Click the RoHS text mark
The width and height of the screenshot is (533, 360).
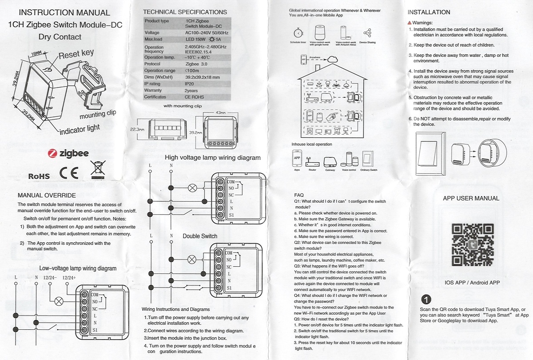pos(39,176)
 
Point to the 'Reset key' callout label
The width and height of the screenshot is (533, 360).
pos(76,54)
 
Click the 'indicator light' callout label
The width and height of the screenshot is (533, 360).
pos(80,129)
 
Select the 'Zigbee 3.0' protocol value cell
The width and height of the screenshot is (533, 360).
pos(196,64)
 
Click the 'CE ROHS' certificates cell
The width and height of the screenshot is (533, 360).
pos(194,97)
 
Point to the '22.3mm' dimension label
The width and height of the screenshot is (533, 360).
pos(137,129)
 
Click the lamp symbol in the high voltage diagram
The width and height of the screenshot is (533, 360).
pos(193,188)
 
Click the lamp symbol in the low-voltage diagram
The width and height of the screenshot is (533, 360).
pos(58,300)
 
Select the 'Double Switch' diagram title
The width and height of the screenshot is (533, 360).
pos(200,236)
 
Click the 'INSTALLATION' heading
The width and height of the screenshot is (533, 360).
pos(429,12)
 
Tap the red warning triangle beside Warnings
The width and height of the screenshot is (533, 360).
pos(410,23)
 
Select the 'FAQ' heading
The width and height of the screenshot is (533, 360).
pos(299,195)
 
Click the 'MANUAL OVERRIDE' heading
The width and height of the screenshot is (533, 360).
pos(47,195)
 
